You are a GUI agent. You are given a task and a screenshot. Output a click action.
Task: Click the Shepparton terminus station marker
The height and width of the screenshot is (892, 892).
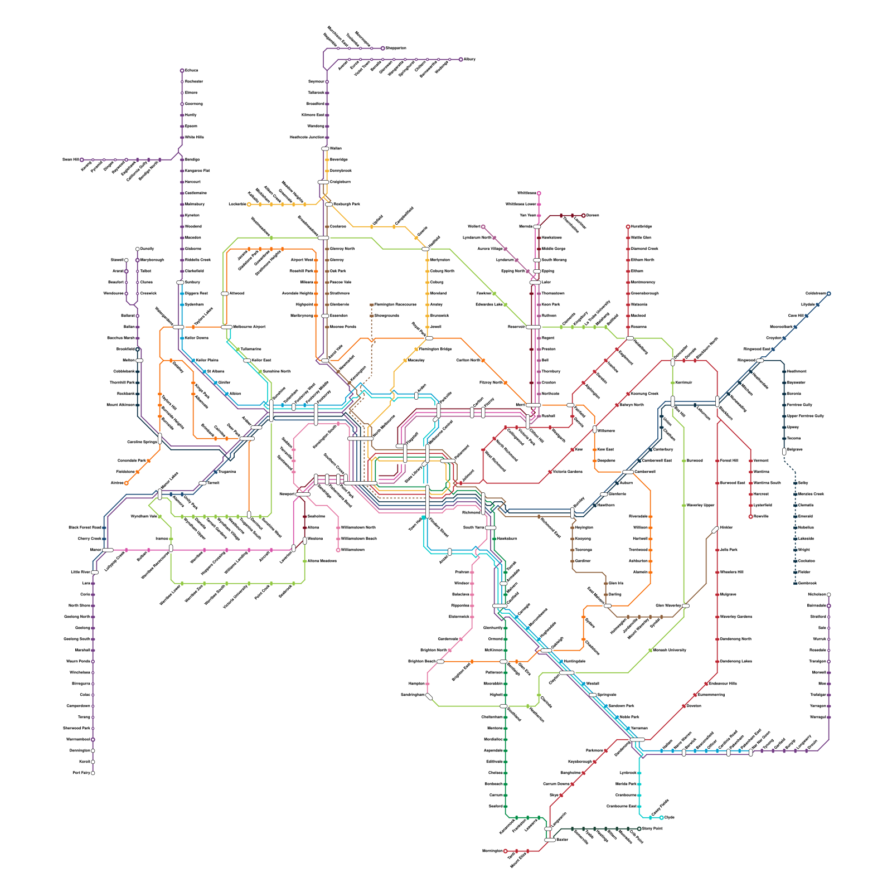(382, 49)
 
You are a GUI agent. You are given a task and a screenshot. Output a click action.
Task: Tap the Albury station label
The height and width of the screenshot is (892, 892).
(469, 59)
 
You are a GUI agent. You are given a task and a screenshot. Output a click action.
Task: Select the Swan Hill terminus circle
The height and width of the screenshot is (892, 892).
(82, 160)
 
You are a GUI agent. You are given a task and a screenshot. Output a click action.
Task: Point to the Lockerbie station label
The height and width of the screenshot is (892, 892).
(237, 205)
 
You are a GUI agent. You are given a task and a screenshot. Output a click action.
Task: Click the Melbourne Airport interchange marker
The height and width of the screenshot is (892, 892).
(226, 327)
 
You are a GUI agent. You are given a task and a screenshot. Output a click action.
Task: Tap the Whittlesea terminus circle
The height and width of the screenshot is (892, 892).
(539, 193)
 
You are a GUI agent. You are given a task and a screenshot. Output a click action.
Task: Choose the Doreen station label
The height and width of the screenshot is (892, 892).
(593, 215)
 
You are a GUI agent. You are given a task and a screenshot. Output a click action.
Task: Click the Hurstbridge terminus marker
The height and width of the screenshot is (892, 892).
(628, 227)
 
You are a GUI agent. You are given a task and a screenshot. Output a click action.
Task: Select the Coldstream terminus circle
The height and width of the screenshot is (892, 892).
(828, 294)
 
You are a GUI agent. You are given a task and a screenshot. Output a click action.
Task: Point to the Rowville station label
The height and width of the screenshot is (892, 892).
(761, 516)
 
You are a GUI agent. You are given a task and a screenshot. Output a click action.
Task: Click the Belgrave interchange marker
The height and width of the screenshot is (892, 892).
(784, 451)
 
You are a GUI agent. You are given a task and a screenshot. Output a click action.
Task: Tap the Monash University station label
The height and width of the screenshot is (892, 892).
(670, 650)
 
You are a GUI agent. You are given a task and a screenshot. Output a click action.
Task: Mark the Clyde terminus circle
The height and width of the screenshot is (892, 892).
(661, 818)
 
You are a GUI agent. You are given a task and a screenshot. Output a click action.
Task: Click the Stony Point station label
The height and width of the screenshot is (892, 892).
(652, 828)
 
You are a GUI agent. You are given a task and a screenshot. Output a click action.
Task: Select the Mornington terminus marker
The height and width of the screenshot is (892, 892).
(505, 851)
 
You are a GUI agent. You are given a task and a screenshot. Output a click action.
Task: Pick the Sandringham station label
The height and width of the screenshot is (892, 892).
(413, 695)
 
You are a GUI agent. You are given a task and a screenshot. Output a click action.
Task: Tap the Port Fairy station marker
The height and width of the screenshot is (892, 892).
(93, 773)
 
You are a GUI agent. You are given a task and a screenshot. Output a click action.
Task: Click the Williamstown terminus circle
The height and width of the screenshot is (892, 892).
(338, 550)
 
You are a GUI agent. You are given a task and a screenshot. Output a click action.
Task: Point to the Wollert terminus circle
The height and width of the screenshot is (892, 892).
(483, 227)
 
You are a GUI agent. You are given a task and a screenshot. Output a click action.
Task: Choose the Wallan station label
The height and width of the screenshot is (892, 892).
(336, 149)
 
